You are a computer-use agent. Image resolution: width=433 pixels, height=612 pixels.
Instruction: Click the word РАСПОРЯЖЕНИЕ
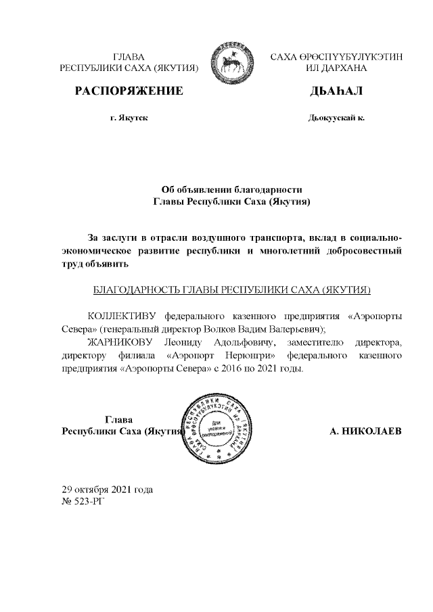[129, 91]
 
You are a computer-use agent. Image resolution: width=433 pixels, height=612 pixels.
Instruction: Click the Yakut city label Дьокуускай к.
[336, 118]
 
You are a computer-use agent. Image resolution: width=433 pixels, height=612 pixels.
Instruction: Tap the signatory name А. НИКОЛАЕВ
[365, 431]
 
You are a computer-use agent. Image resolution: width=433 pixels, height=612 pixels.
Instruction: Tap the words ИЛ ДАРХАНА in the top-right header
[336, 68]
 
